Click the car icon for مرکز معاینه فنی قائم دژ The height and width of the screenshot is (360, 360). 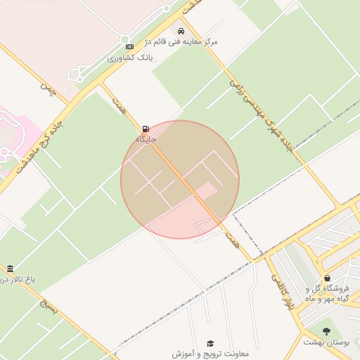[x=181, y=31]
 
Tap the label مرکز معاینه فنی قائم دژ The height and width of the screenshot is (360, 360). [x=181, y=41]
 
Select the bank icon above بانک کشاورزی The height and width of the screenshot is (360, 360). [x=129, y=46]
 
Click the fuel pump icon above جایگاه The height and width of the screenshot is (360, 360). [x=146, y=129]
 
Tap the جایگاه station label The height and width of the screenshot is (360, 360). [x=146, y=139]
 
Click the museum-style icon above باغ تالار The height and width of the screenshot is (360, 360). [x=10, y=269]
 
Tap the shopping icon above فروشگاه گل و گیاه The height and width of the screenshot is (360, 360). [x=328, y=278]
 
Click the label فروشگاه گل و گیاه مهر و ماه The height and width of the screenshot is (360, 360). [x=328, y=294]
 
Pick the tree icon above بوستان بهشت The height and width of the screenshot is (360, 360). [x=326, y=330]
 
